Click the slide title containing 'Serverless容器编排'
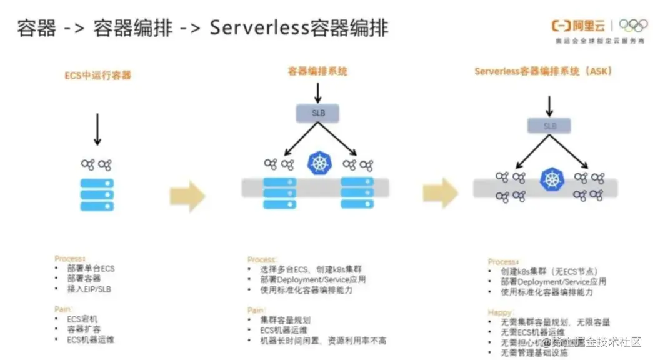pos(202,27)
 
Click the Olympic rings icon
pos(632,26)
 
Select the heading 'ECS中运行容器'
pos(98,75)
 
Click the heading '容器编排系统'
pos(317,71)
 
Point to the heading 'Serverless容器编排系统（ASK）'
pos(543,71)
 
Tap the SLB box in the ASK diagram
pos(549,126)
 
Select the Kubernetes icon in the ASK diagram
pos(551,179)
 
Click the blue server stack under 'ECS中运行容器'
pos(97,194)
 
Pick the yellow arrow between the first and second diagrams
pos(187,196)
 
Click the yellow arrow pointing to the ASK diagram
pos(440,192)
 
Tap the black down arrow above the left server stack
pos(97,129)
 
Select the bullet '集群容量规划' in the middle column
pos(285,320)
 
